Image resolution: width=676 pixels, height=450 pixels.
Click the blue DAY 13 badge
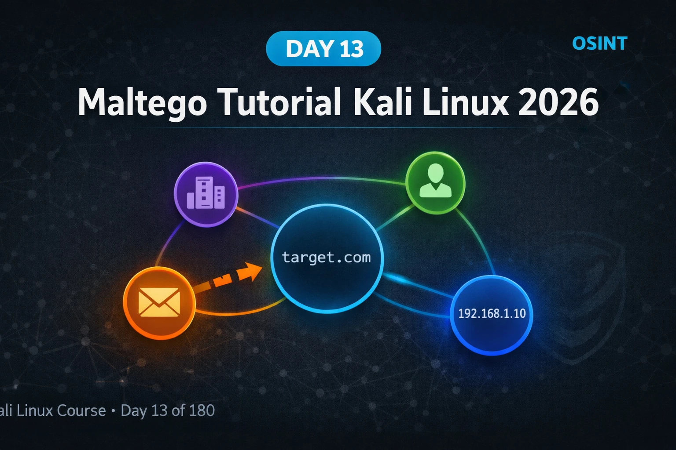(x=323, y=48)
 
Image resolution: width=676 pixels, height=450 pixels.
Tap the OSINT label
(x=600, y=44)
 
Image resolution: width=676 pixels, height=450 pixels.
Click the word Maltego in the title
(x=142, y=102)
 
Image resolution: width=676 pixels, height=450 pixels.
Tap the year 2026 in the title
(x=558, y=102)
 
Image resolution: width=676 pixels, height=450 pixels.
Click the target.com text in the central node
(x=326, y=258)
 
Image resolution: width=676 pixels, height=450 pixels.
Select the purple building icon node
(x=206, y=194)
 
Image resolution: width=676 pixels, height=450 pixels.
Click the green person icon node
(x=435, y=183)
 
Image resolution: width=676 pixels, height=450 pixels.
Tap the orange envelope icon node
(x=159, y=303)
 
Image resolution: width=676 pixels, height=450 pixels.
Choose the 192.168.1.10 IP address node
(x=492, y=315)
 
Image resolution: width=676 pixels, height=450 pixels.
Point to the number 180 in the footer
(x=202, y=410)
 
